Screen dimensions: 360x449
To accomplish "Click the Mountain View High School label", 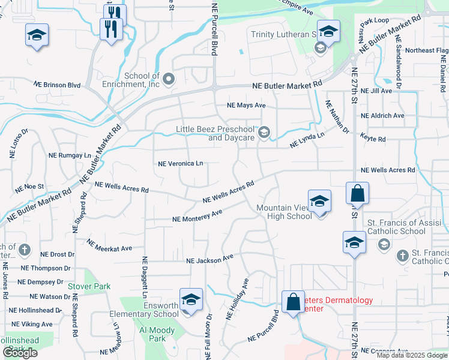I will (x=284, y=212).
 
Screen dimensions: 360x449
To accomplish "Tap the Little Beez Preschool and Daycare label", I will (x=215, y=133).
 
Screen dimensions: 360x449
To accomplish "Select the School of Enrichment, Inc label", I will (x=142, y=80).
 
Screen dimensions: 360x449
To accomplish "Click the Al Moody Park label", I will (x=157, y=334).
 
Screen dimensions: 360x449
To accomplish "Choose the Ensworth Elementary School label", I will (x=144, y=310).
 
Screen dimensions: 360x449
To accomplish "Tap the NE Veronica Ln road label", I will (x=180, y=163).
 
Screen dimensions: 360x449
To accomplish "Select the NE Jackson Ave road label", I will (x=209, y=260).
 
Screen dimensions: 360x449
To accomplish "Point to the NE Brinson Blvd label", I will (x=57, y=85).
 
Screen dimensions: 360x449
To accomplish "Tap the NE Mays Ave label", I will (x=246, y=105).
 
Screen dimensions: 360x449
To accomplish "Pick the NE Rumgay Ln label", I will (x=70, y=155).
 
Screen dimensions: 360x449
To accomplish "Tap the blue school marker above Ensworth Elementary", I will (x=191, y=299).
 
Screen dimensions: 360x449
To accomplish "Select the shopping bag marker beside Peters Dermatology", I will (x=294, y=302).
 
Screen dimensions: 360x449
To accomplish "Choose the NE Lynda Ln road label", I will (x=307, y=141).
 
